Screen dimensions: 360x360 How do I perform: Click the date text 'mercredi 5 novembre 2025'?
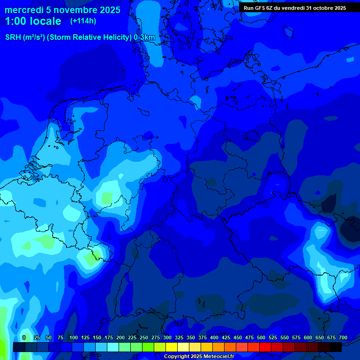[x=62, y=10]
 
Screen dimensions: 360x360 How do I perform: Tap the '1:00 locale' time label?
[x=33, y=21]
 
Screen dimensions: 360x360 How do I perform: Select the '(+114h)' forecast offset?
[x=83, y=21]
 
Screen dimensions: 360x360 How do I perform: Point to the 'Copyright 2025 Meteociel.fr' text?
[x=199, y=356]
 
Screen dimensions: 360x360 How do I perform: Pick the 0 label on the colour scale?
[x=24, y=337]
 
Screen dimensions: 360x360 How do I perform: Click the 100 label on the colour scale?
[x=74, y=337]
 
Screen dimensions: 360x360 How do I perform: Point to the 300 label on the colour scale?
[x=167, y=337]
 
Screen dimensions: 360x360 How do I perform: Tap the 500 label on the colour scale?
[x=261, y=337]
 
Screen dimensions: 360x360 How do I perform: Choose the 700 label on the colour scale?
[x=343, y=337]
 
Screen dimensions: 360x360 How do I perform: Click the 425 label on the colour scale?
[x=226, y=337]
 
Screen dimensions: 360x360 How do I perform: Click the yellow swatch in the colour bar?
[x=172, y=347]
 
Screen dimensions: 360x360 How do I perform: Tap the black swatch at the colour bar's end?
[x=336, y=347]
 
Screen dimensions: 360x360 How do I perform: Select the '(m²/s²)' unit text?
[x=34, y=37]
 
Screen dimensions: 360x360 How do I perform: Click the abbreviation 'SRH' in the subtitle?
[x=13, y=37]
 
